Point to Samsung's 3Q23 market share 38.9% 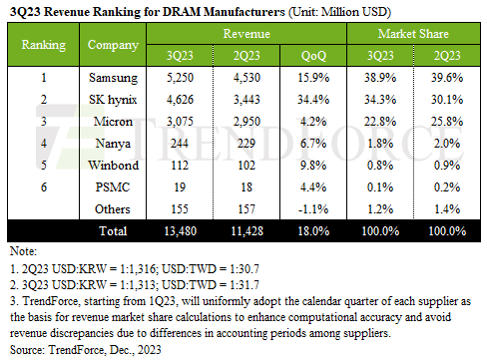tap(380, 76)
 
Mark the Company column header tap(107, 46)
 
